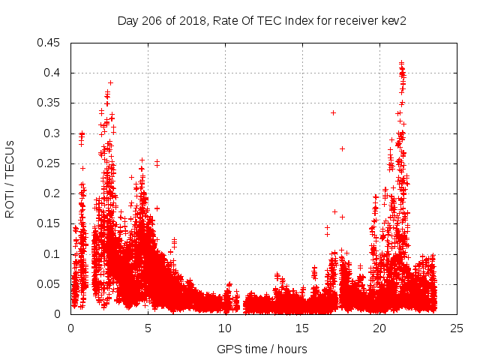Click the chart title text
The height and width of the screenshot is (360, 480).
click(x=261, y=20)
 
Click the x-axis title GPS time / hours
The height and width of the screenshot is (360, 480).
click(x=262, y=349)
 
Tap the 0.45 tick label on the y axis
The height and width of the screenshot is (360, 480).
click(x=50, y=43)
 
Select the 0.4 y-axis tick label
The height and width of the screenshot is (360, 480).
click(x=54, y=73)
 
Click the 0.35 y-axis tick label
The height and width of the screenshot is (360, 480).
click(x=50, y=103)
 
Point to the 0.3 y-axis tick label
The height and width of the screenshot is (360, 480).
click(x=54, y=133)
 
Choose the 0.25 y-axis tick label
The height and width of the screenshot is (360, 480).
click(x=50, y=163)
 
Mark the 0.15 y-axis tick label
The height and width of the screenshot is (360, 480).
click(x=50, y=223)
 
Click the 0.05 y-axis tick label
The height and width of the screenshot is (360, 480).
click(x=50, y=284)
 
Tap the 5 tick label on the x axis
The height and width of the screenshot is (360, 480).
click(x=148, y=328)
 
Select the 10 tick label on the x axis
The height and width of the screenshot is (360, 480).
click(x=225, y=328)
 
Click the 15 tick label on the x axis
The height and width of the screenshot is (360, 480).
click(x=302, y=328)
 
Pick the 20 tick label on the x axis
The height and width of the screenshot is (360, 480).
click(x=379, y=328)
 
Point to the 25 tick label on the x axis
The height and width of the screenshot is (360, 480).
click(x=457, y=328)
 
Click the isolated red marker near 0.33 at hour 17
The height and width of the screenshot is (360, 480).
click(x=333, y=112)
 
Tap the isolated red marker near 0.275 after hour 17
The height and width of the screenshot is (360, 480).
click(x=342, y=148)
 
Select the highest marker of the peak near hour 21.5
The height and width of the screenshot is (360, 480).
click(x=402, y=63)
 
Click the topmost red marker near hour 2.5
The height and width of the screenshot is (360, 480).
click(x=110, y=82)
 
